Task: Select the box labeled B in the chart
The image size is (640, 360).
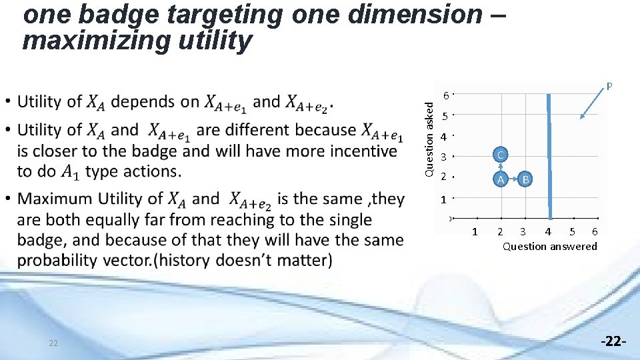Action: click(525, 179)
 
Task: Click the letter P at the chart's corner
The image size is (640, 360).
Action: click(609, 86)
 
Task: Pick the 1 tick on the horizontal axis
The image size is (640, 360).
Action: click(474, 231)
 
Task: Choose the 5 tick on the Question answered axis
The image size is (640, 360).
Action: click(572, 231)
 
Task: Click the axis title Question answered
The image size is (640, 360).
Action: click(549, 246)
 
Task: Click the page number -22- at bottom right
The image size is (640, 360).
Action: click(613, 341)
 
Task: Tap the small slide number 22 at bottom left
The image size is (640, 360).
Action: click(53, 343)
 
